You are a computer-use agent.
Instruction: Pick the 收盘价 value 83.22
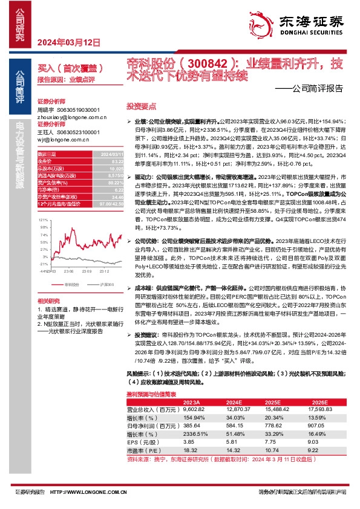coord(116,160)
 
